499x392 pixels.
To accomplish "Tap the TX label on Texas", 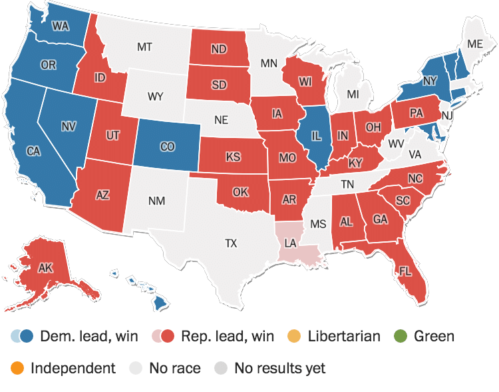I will click(231, 244).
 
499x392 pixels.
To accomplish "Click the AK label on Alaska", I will click(45, 268).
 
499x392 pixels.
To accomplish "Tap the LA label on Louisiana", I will click(290, 244).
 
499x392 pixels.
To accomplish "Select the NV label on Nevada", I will click(69, 126).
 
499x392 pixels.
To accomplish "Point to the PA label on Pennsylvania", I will click(416, 114).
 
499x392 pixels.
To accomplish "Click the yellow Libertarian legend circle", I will click(296, 335).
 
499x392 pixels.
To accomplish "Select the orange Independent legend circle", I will click(18, 367).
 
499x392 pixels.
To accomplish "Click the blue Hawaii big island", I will click(159, 303).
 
